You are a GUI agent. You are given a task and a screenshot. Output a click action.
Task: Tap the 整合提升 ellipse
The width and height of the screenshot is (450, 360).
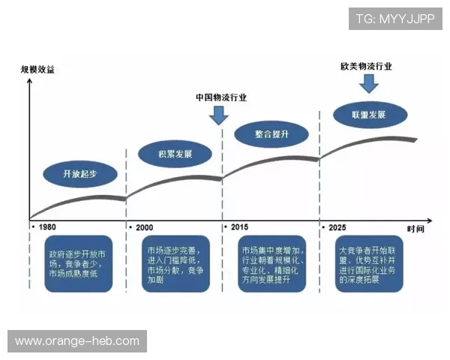tap(271, 134)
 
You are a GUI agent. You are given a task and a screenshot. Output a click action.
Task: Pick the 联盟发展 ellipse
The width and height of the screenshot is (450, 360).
tap(368, 115)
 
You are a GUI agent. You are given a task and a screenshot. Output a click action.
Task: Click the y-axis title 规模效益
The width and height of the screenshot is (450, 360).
tap(37, 70)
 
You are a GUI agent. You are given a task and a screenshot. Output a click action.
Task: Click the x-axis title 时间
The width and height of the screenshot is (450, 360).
tap(416, 227)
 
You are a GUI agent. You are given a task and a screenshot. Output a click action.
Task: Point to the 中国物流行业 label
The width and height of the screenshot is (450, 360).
tap(220, 97)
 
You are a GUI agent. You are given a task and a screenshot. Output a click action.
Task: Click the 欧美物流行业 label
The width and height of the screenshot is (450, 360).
tap(366, 66)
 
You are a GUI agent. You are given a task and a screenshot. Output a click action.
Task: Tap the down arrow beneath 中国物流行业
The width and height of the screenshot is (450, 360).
tap(220, 115)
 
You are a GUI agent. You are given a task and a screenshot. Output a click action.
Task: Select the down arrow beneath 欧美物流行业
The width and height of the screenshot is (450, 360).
tap(367, 82)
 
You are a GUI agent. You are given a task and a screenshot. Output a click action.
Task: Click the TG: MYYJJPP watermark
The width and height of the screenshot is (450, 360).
tap(394, 19)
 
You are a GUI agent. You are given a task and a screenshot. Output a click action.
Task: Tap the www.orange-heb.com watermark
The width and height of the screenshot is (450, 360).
tap(77, 341)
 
